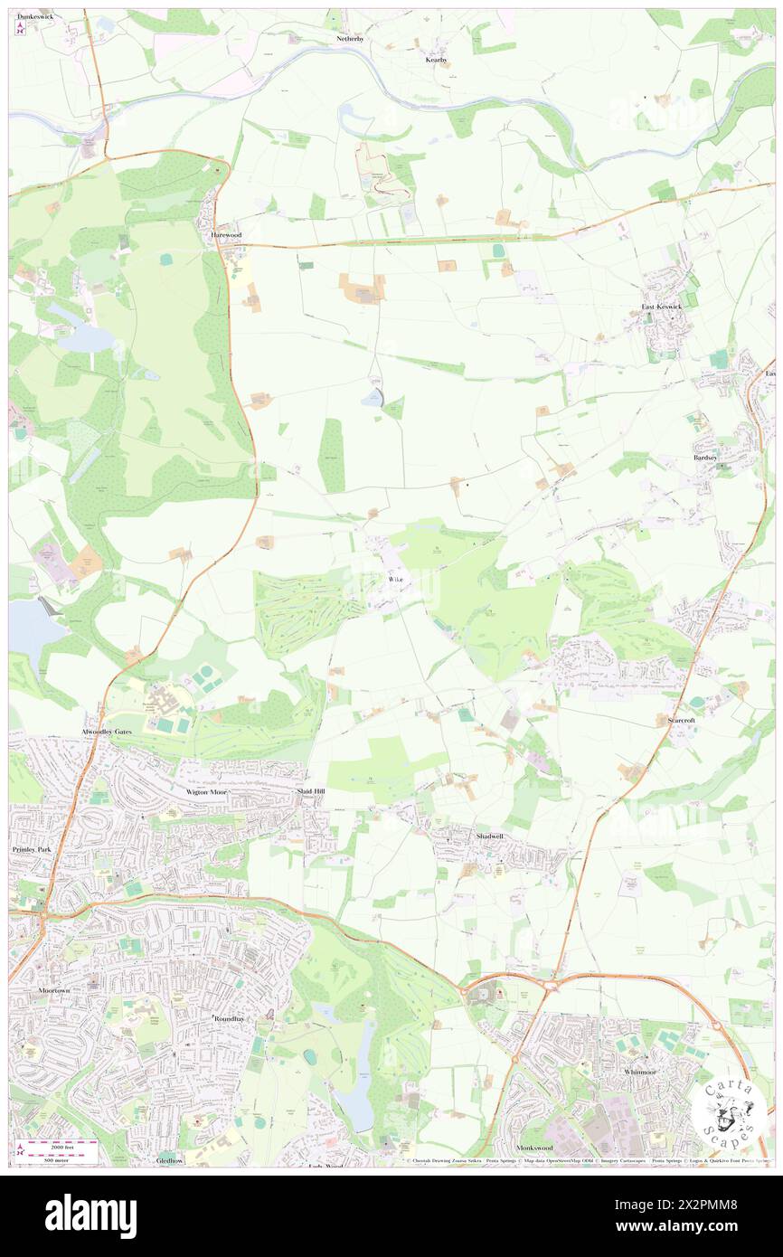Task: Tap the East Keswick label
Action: (662, 307)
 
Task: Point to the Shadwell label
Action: (489, 836)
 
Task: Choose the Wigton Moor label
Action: (209, 792)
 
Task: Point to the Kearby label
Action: (437, 60)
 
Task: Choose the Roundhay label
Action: (229, 1018)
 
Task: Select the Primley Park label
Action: (33, 850)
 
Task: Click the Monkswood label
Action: (534, 1148)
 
